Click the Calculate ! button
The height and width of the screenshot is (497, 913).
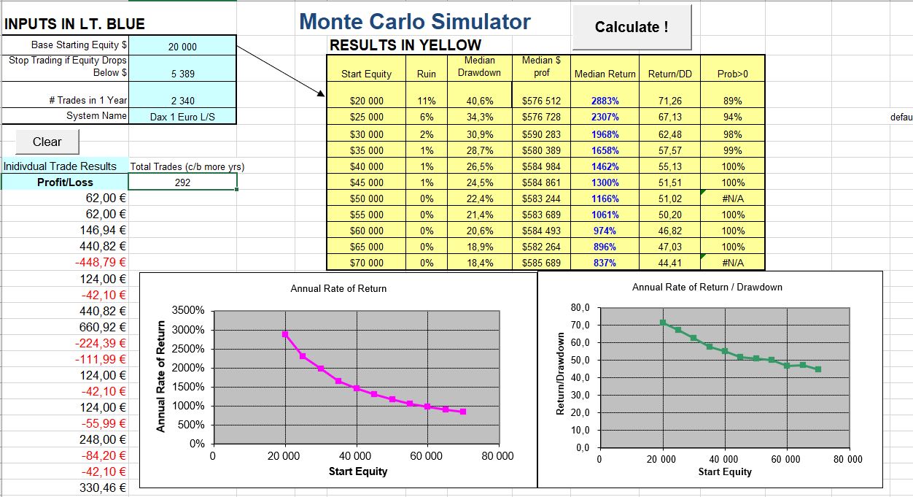tap(631, 27)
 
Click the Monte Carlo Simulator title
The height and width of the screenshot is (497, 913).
tap(415, 21)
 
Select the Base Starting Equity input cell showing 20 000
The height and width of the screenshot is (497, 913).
tap(182, 47)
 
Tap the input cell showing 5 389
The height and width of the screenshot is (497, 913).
tap(182, 74)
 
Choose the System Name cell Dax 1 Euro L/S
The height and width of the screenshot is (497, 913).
tap(182, 116)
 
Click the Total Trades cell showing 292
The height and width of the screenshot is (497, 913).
tap(182, 182)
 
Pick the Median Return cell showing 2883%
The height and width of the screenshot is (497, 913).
tap(605, 101)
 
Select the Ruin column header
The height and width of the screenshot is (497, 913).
tap(426, 74)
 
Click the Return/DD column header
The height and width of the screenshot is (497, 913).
tap(669, 74)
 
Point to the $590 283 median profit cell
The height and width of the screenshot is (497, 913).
tap(541, 134)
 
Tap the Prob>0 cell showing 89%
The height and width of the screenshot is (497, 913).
tap(732, 101)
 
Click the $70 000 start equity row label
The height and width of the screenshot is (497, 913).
tap(366, 263)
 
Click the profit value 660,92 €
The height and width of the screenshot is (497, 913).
tap(103, 327)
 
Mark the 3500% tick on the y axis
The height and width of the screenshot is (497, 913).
tap(189, 311)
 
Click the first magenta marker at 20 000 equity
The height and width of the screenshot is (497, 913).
tap(285, 334)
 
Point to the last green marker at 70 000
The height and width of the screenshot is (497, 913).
tap(818, 369)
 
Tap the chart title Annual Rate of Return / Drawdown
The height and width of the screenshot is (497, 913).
tap(707, 287)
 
